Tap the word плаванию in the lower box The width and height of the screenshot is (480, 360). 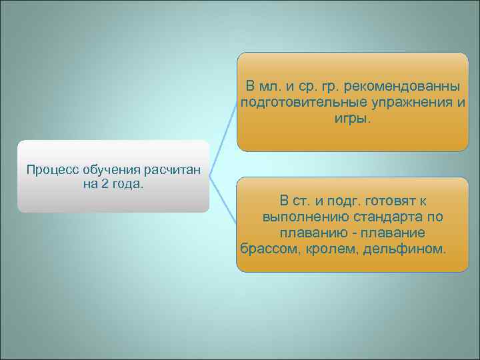[307, 233]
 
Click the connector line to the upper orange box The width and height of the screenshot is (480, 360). [224, 140]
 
